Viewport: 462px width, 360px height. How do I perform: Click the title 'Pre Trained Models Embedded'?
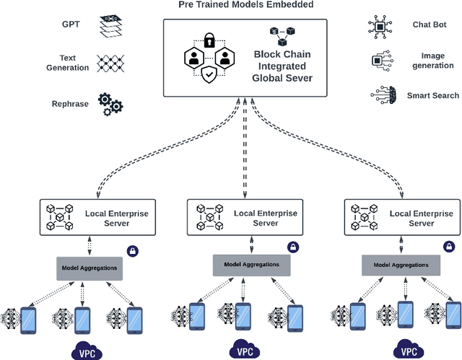(237, 6)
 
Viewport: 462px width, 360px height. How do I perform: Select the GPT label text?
(71, 25)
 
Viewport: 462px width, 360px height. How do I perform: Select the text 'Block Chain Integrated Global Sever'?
(282, 66)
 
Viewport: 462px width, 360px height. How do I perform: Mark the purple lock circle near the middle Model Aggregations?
(293, 247)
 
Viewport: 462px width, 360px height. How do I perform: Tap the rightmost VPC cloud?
(409, 351)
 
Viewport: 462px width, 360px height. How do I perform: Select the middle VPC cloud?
(245, 351)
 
